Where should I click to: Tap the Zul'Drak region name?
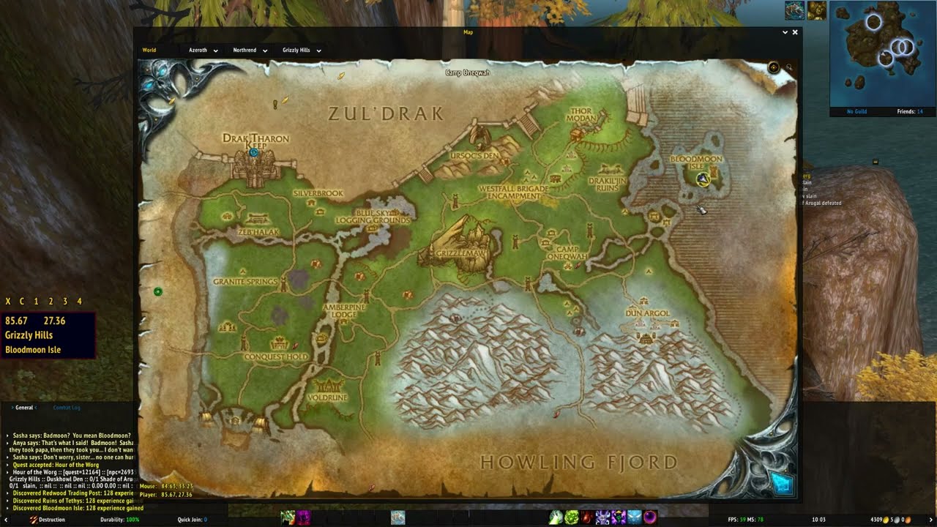tap(385, 113)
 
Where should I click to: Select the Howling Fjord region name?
tap(578, 462)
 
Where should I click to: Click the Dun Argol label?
tap(648, 313)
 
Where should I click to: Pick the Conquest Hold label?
tap(276, 356)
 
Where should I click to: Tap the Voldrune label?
tap(327, 397)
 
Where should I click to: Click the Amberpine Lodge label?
tap(344, 310)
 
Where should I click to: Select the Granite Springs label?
tap(245, 281)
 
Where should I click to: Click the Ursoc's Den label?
tap(474, 156)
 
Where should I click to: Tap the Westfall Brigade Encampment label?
tap(513, 192)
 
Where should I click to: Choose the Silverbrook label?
tap(318, 193)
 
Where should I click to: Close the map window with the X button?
tap(795, 32)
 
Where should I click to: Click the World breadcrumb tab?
tap(149, 51)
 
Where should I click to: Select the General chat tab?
tap(24, 408)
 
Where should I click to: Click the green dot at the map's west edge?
tap(157, 292)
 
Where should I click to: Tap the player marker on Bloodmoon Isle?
tap(703, 179)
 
